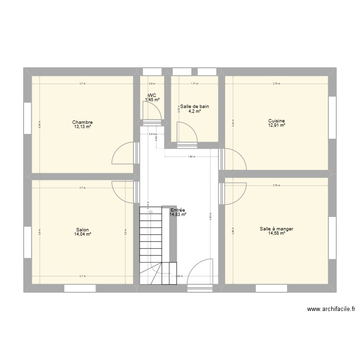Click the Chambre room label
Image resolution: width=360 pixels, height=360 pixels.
pos(83,122)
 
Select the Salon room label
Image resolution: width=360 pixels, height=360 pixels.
pos(83,230)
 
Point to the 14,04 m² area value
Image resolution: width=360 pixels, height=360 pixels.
pos(83,234)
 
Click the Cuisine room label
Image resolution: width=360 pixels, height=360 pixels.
pos(277,121)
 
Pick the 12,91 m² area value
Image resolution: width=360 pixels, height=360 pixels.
pos(277,125)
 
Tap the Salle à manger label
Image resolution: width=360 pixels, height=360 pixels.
pos(276,229)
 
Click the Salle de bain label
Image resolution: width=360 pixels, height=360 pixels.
pos(194,107)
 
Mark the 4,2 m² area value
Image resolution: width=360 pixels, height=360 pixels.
pos(194,111)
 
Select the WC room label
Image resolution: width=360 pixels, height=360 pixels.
pos(152,96)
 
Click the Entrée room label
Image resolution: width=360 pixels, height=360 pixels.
pos(178,210)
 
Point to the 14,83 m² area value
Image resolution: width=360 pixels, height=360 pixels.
pos(178,215)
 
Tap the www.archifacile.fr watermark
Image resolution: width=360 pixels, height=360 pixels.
pos(331,310)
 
